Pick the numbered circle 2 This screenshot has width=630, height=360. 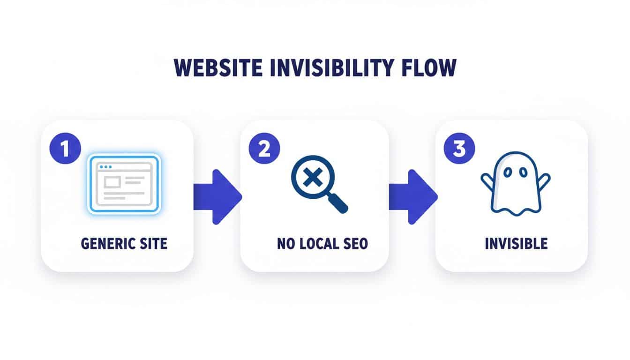[264, 149]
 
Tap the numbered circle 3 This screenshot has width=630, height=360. [459, 149]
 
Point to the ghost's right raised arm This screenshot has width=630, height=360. [544, 180]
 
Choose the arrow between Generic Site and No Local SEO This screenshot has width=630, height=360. [217, 196]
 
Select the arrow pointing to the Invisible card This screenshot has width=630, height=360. [413, 196]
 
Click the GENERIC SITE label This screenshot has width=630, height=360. [124, 244]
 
